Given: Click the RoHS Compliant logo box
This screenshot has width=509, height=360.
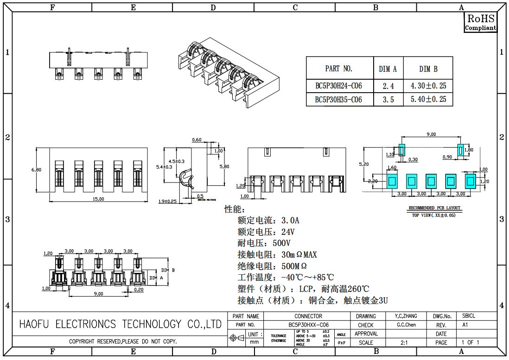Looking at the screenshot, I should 480,22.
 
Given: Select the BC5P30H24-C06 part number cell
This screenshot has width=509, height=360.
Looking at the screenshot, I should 338,86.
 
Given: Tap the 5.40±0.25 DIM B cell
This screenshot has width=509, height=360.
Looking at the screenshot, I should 428,100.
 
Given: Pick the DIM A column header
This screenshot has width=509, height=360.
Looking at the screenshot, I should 388,69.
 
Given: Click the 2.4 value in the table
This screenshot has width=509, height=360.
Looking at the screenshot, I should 388,86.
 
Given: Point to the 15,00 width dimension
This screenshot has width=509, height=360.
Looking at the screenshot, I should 98,199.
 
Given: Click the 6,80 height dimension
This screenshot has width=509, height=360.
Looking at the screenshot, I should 36,170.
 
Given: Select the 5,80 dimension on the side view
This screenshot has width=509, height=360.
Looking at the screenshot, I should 224,166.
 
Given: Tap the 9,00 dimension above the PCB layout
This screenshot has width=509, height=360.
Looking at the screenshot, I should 431,134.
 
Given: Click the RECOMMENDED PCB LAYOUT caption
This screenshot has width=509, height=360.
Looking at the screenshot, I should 434,208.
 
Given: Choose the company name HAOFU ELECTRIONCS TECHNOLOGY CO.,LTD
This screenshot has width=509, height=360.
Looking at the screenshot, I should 121,324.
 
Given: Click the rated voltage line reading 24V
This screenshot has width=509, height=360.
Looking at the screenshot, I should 266,232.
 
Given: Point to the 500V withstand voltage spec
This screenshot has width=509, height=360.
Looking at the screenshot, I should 264,243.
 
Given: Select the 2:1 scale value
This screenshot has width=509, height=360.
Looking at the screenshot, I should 404,343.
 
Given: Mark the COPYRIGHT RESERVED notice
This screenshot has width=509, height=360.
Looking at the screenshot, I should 123,342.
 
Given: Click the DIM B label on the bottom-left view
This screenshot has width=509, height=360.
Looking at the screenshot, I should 168,270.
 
